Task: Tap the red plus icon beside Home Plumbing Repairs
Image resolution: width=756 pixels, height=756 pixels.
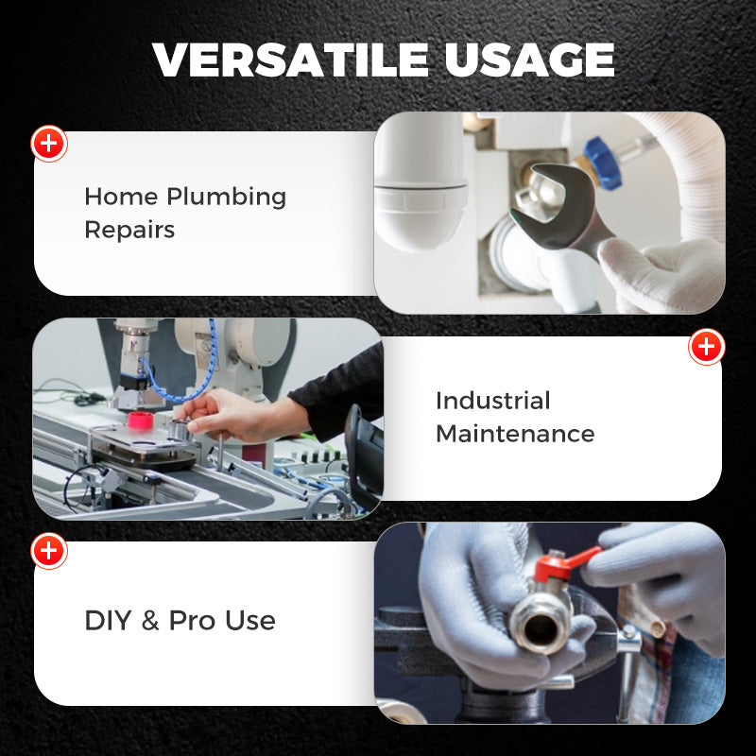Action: point(49,145)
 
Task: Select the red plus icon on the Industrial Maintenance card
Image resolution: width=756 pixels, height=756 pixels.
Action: point(706,347)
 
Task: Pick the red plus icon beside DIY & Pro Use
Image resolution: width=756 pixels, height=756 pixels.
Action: point(49,550)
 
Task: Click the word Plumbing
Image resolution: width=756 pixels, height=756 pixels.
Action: point(226,198)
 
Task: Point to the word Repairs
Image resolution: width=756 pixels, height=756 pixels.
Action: point(129,230)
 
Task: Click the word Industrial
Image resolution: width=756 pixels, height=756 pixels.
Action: point(492,400)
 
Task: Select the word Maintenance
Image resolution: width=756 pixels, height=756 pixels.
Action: point(515,434)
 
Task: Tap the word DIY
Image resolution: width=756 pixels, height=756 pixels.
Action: point(107,621)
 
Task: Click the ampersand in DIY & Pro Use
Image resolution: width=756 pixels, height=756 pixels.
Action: point(149,621)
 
